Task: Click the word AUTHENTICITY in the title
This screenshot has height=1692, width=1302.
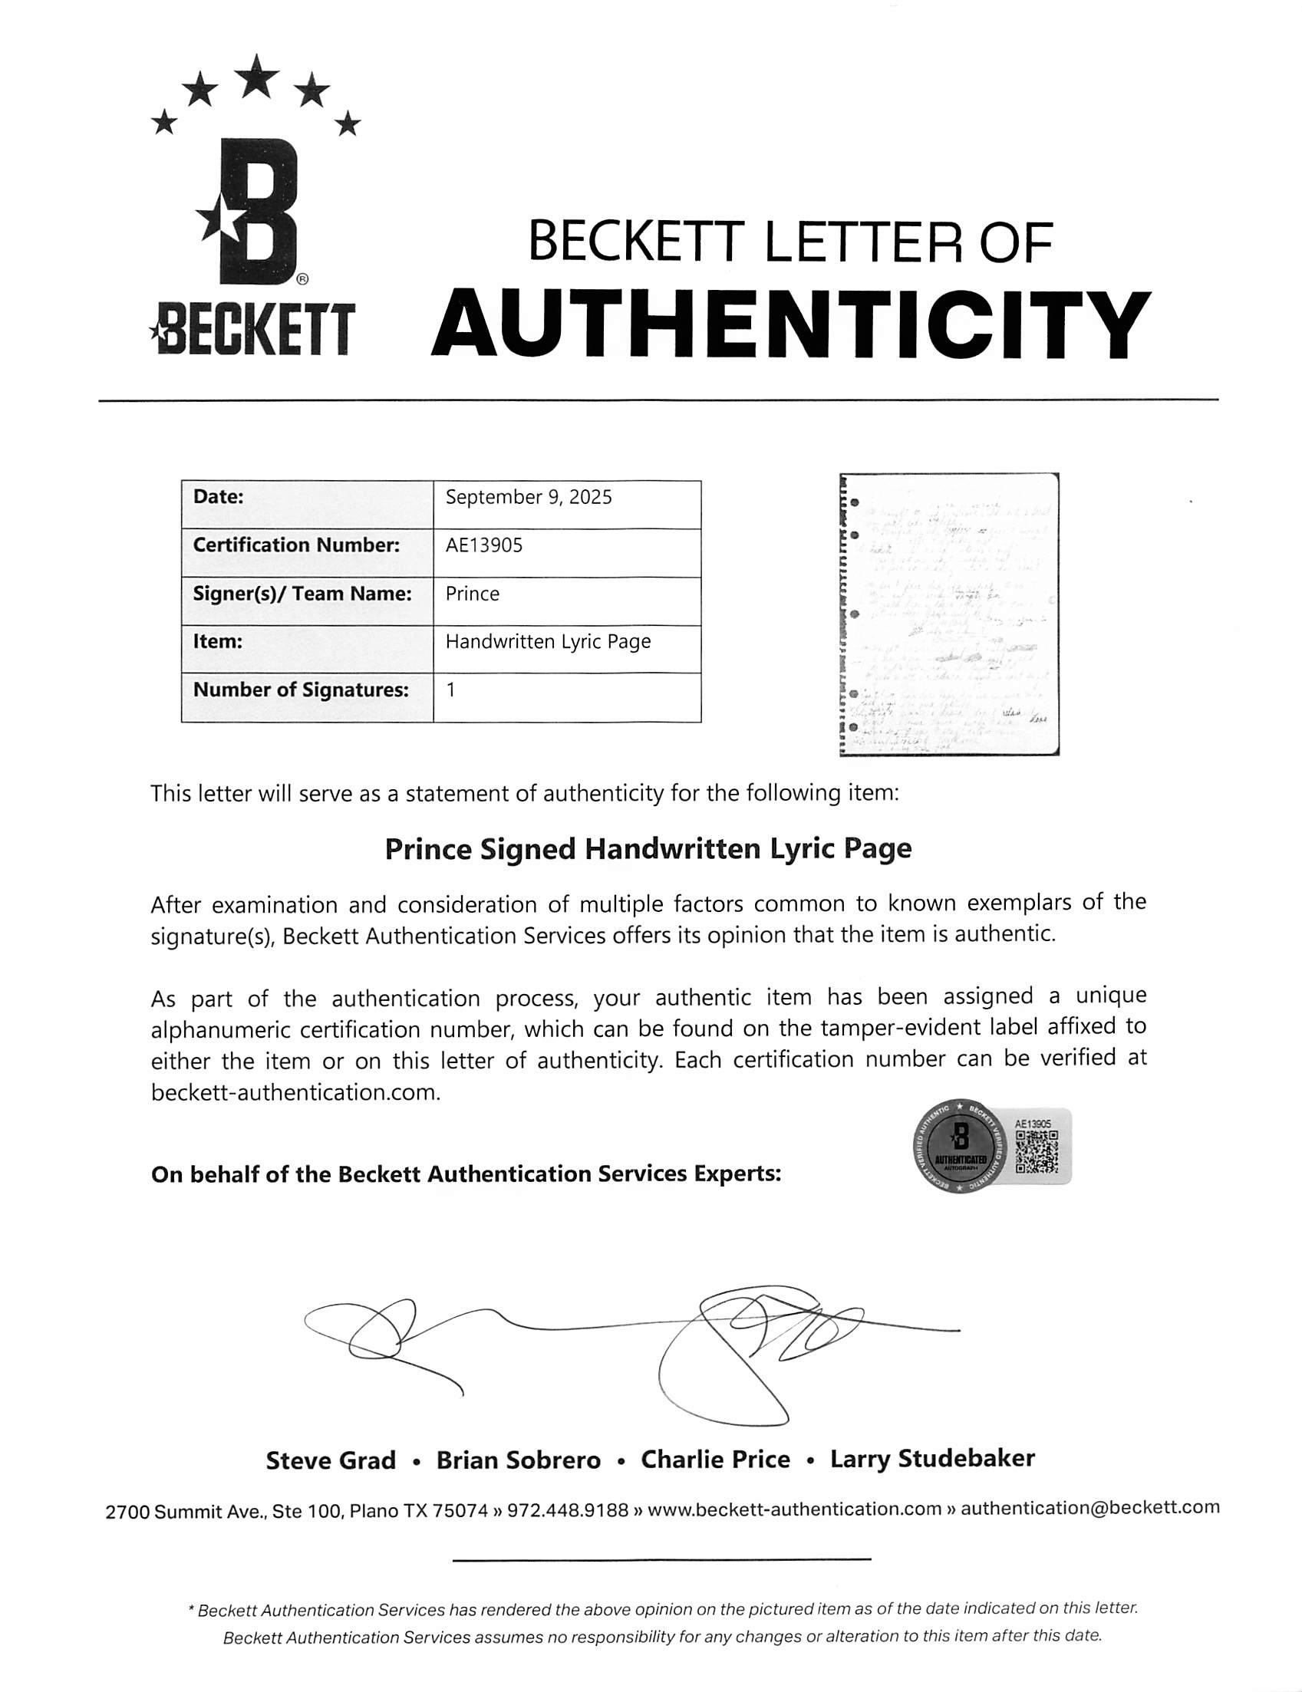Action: tap(789, 324)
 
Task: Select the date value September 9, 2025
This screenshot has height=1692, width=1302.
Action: tap(529, 497)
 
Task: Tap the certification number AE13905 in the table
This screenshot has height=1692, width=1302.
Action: tap(484, 545)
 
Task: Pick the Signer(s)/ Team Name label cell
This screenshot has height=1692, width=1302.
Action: tap(302, 594)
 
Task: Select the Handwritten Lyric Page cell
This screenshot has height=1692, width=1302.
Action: tap(548, 642)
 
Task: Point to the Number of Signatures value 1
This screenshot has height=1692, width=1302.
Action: tap(451, 690)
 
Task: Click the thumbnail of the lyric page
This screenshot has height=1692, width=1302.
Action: tap(949, 614)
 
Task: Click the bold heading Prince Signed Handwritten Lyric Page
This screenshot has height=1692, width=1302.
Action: tap(648, 849)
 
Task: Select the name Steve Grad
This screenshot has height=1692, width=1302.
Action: tap(331, 1461)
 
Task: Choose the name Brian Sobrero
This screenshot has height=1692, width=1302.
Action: tap(519, 1461)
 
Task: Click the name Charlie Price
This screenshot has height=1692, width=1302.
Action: tap(715, 1460)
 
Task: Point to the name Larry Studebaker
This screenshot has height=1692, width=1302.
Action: tap(932, 1460)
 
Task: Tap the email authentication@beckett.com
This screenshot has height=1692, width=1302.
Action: tap(1089, 1508)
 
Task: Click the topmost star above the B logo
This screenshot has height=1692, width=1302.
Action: tap(256, 76)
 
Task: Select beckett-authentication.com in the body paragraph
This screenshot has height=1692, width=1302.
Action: tap(295, 1093)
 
